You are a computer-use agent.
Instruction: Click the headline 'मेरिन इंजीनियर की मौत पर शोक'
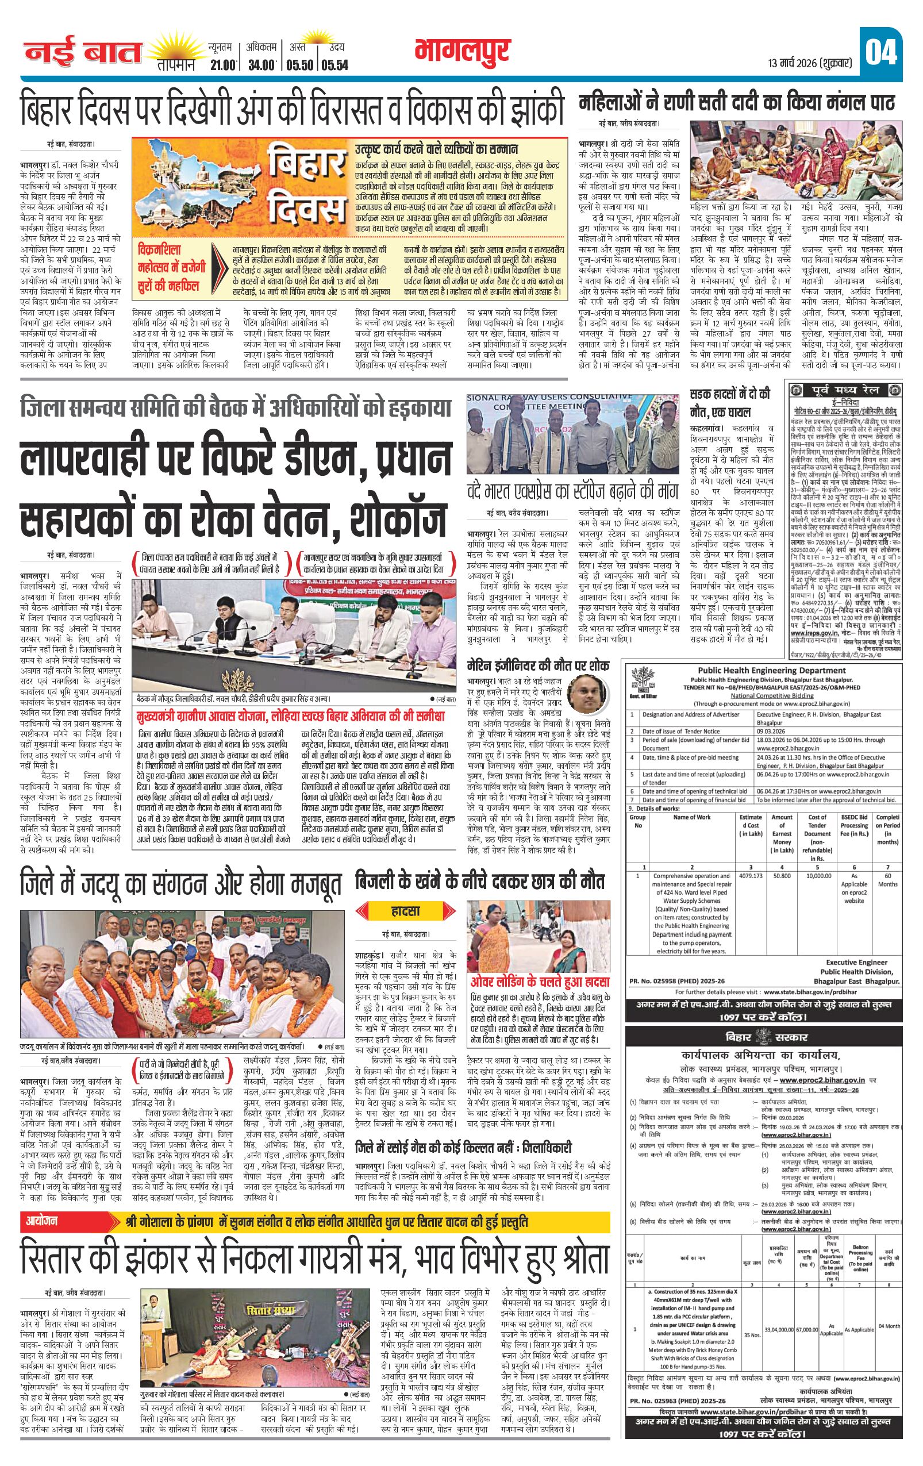537,665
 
